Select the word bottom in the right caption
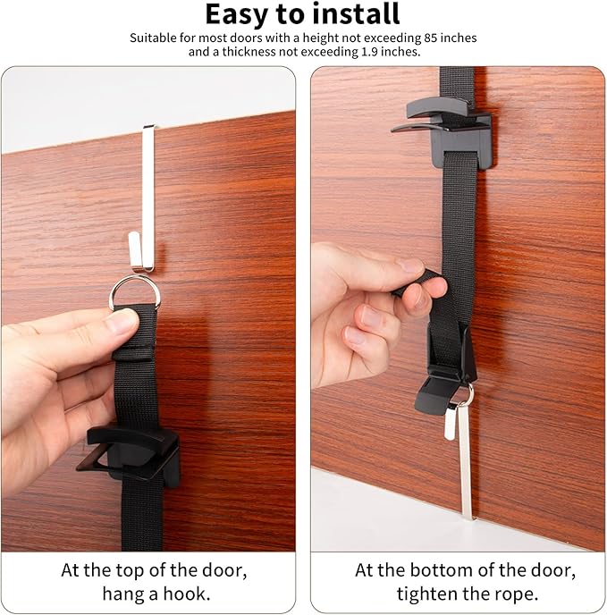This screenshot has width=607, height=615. click(x=441, y=570)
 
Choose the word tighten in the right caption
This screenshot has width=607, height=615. click(x=426, y=594)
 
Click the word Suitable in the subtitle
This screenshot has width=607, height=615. click(x=154, y=38)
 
